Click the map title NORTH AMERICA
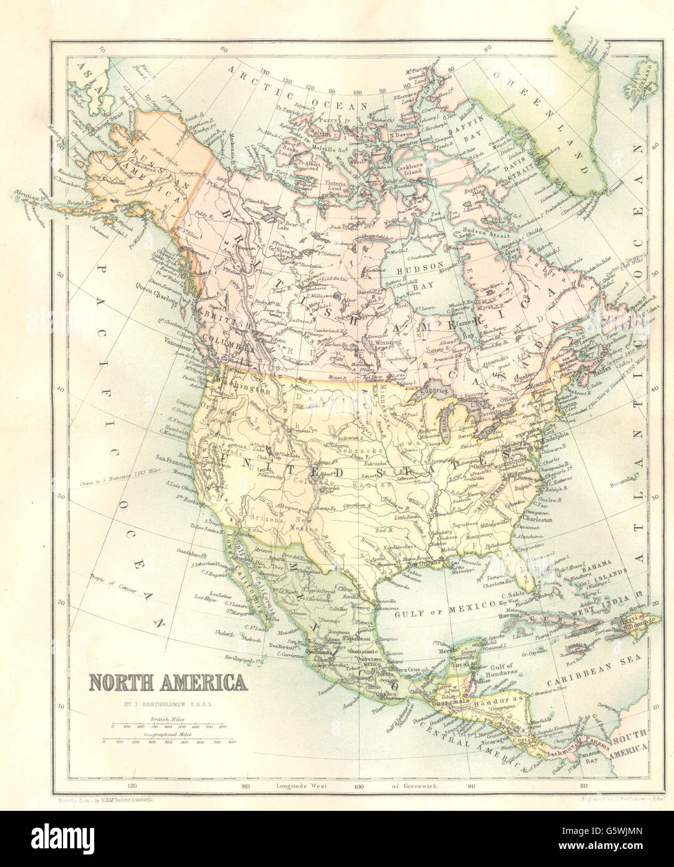167,682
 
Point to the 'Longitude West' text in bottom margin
301,787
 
